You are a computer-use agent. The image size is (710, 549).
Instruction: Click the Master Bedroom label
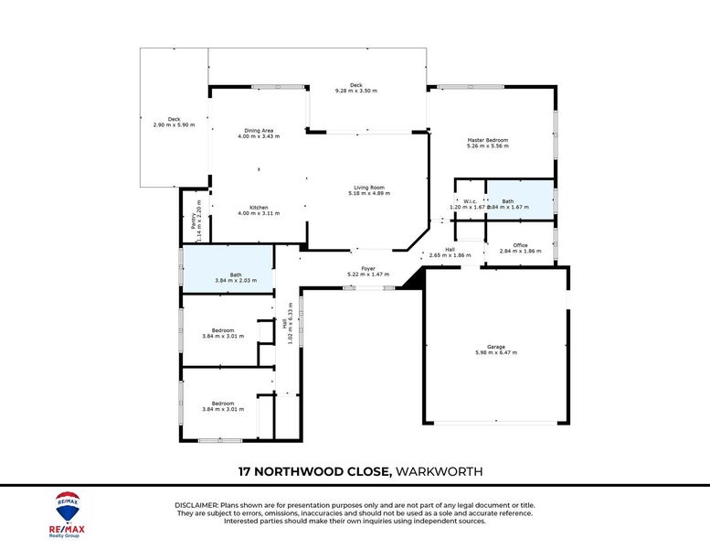coord(487,140)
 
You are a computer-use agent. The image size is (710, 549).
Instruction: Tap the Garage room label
coord(496,347)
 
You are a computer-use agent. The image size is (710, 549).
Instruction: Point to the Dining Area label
coord(259,130)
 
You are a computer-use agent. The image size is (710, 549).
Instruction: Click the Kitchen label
coord(259,207)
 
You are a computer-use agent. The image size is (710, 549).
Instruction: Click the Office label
coord(520,244)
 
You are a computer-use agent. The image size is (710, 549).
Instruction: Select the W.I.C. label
coord(471,201)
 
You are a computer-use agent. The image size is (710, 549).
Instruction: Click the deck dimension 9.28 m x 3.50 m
coord(356,91)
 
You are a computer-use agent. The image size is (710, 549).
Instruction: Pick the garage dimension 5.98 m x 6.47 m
coord(496,352)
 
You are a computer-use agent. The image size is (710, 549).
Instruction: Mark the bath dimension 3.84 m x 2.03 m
coord(236,281)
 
